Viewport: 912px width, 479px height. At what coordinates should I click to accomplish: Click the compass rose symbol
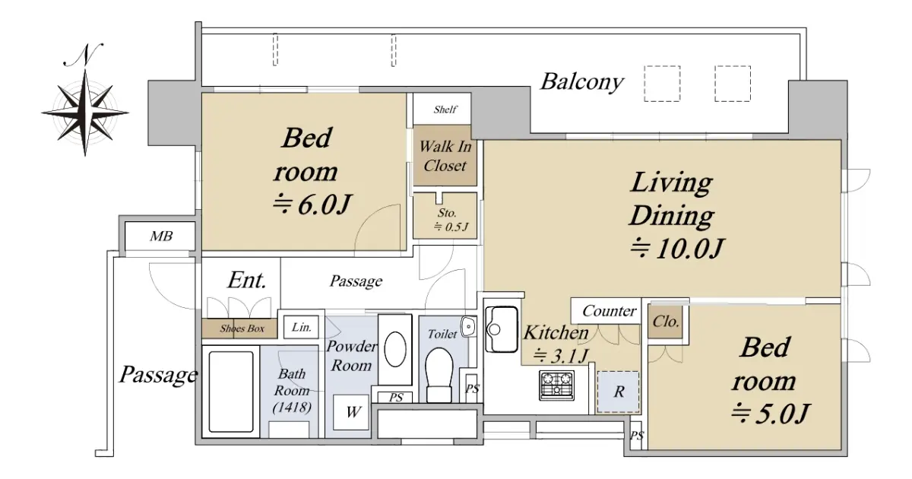(85, 113)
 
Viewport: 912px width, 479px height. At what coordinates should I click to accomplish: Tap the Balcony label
(582, 82)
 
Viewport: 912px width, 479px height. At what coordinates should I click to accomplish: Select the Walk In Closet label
(445, 156)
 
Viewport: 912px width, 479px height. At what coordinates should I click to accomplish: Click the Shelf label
(445, 109)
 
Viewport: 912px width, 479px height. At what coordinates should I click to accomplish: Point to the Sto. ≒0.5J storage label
(450, 220)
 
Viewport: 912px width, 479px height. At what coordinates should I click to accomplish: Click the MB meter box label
(161, 236)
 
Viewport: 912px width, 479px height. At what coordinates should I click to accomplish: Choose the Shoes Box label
(242, 328)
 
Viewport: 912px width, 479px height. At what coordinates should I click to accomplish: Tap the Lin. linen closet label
(302, 327)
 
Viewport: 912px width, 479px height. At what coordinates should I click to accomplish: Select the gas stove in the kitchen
(556, 385)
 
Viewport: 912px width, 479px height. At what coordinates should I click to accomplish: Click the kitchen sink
(502, 329)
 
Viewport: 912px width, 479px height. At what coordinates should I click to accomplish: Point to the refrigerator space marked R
(618, 392)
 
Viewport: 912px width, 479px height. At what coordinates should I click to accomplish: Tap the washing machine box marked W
(351, 412)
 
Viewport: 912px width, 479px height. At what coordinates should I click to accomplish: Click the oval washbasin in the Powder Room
(395, 350)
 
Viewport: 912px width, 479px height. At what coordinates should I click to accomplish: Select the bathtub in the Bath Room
(231, 392)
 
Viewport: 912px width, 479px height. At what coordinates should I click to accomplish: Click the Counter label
(609, 311)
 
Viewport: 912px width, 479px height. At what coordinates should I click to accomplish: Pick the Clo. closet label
(666, 322)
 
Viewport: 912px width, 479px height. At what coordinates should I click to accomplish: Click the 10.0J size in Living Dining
(677, 248)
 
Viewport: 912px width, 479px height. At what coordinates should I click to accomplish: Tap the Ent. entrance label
(247, 281)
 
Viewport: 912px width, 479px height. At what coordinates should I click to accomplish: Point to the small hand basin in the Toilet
(468, 326)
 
